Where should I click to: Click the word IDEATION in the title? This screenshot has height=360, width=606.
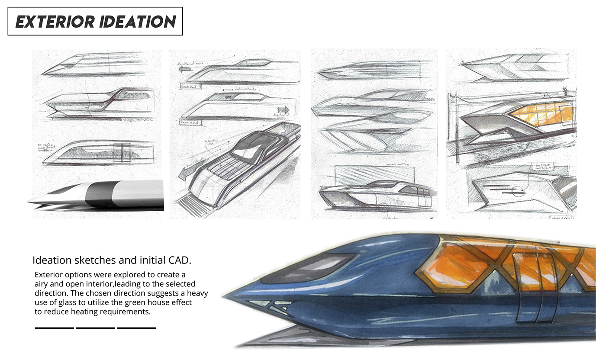point(138,22)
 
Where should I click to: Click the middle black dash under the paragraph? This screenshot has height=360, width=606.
point(95,328)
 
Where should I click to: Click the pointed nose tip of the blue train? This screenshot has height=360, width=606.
point(226,296)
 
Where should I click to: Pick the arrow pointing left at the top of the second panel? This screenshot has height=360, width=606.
point(184,68)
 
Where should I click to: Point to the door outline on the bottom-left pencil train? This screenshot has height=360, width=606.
point(125,153)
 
